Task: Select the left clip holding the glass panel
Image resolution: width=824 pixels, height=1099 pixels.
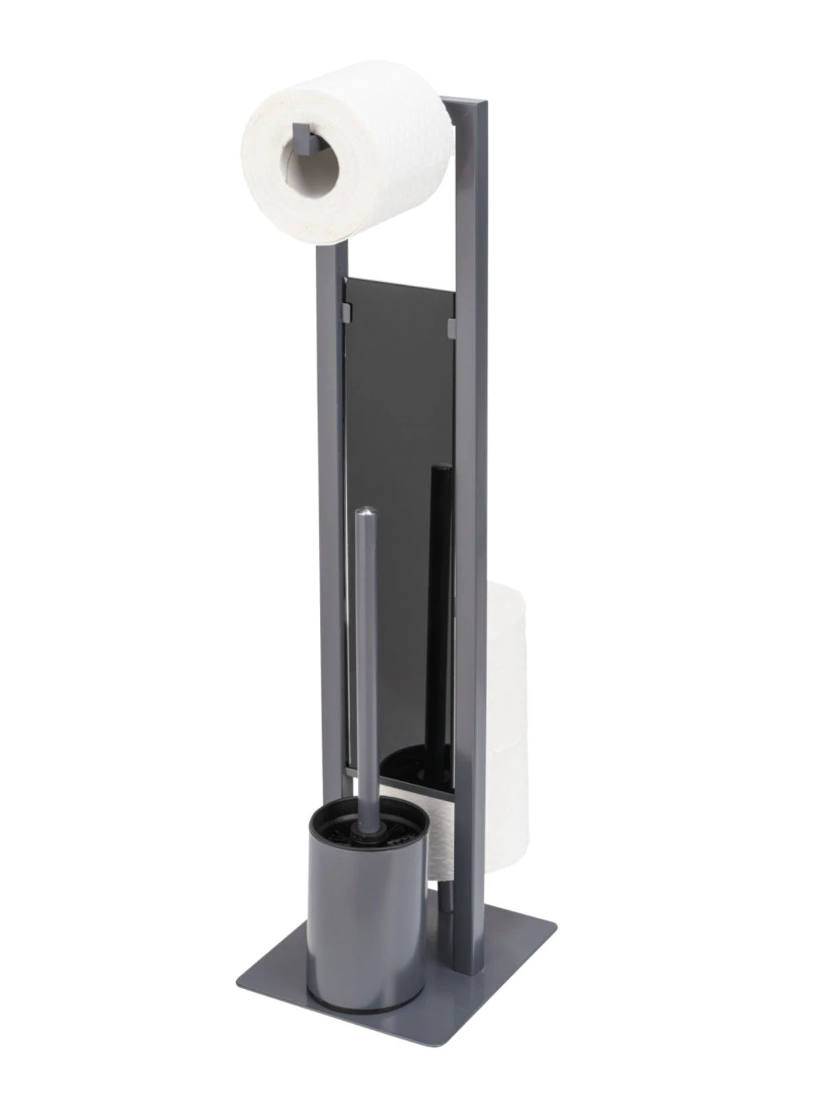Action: point(346,313)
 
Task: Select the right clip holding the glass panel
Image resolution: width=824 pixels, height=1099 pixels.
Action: point(452,328)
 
